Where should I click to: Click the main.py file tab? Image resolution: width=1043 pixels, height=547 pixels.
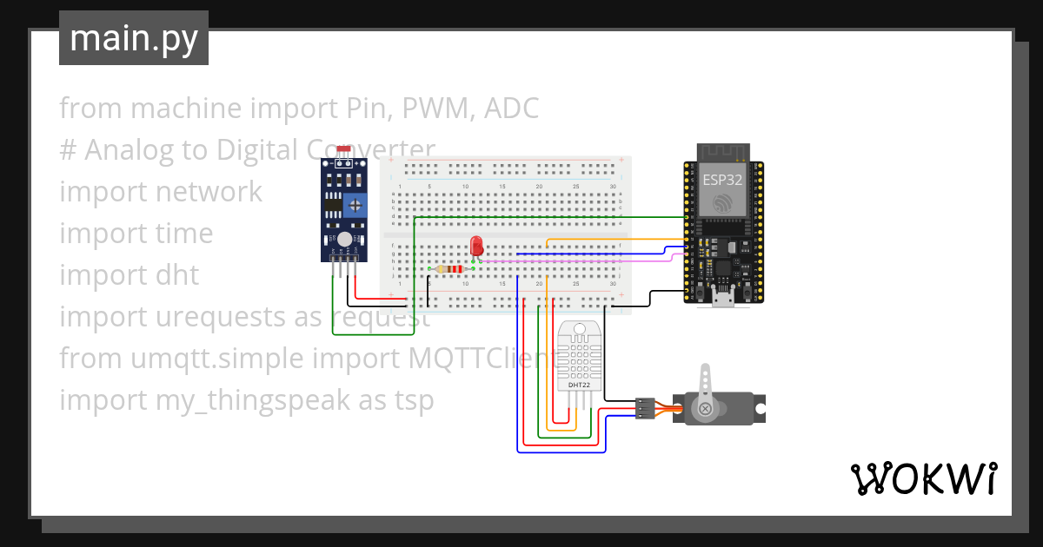(133, 39)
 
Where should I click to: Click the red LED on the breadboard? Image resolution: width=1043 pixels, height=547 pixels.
(475, 246)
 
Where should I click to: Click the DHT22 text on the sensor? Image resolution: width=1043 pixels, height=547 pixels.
(579, 384)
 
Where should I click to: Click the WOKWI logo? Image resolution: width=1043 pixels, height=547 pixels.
(922, 478)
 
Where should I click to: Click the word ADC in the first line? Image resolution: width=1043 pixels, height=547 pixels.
(511, 109)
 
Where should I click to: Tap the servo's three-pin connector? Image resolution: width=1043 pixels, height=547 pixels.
(644, 408)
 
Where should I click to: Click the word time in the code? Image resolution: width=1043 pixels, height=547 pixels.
(183, 234)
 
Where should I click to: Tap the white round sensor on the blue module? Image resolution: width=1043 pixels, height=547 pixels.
(344, 238)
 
